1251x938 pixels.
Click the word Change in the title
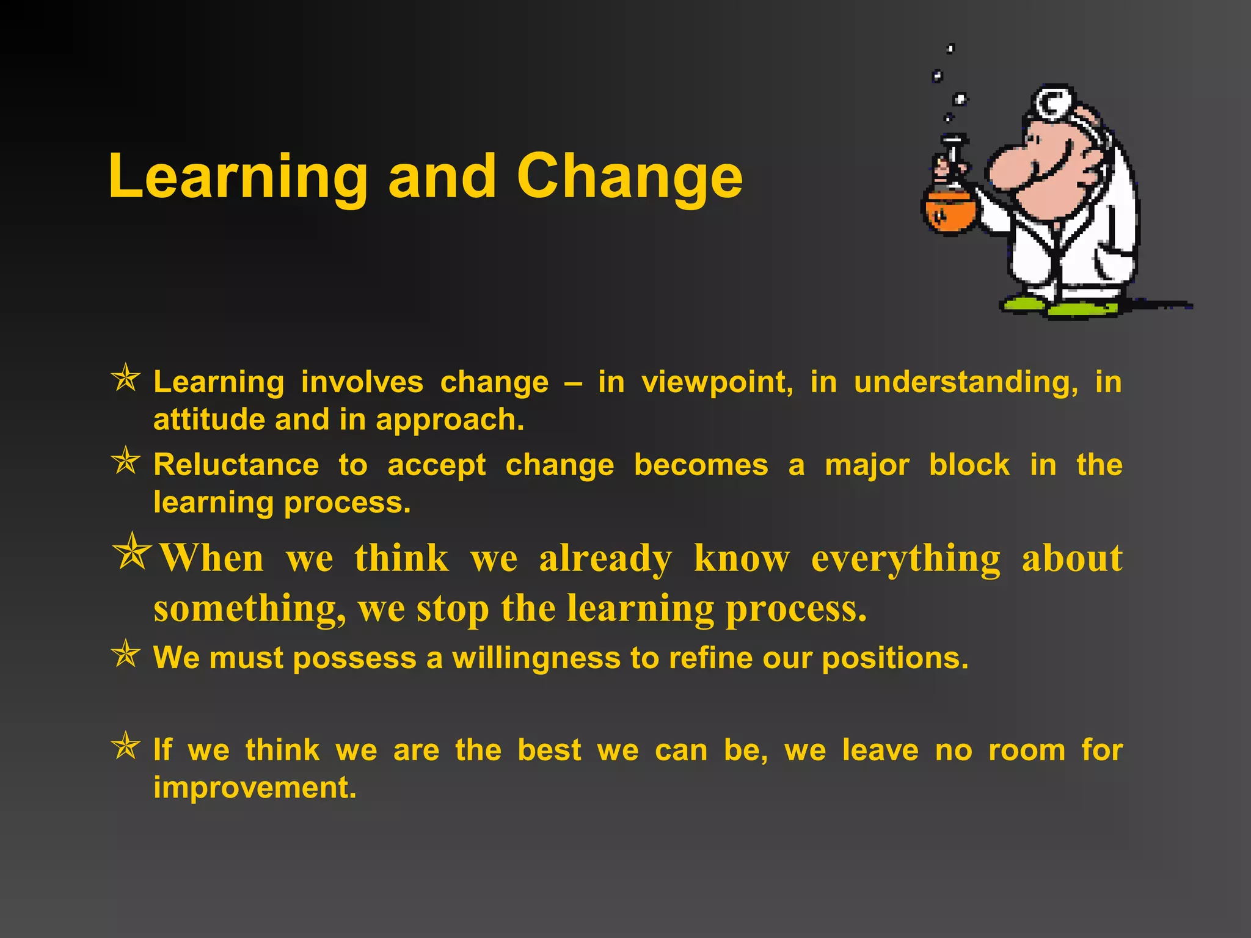pos(629,177)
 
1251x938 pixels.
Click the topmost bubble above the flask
pos(950,49)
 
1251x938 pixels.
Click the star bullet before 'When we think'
pos(132,551)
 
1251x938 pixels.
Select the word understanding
pos(966,383)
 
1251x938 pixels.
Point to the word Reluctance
pos(236,465)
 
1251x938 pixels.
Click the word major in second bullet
pos(867,465)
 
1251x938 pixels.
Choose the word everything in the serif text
pos(905,559)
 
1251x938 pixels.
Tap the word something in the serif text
pos(249,609)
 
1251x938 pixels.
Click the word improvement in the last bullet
pos(254,788)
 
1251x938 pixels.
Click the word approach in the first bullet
pos(449,421)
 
